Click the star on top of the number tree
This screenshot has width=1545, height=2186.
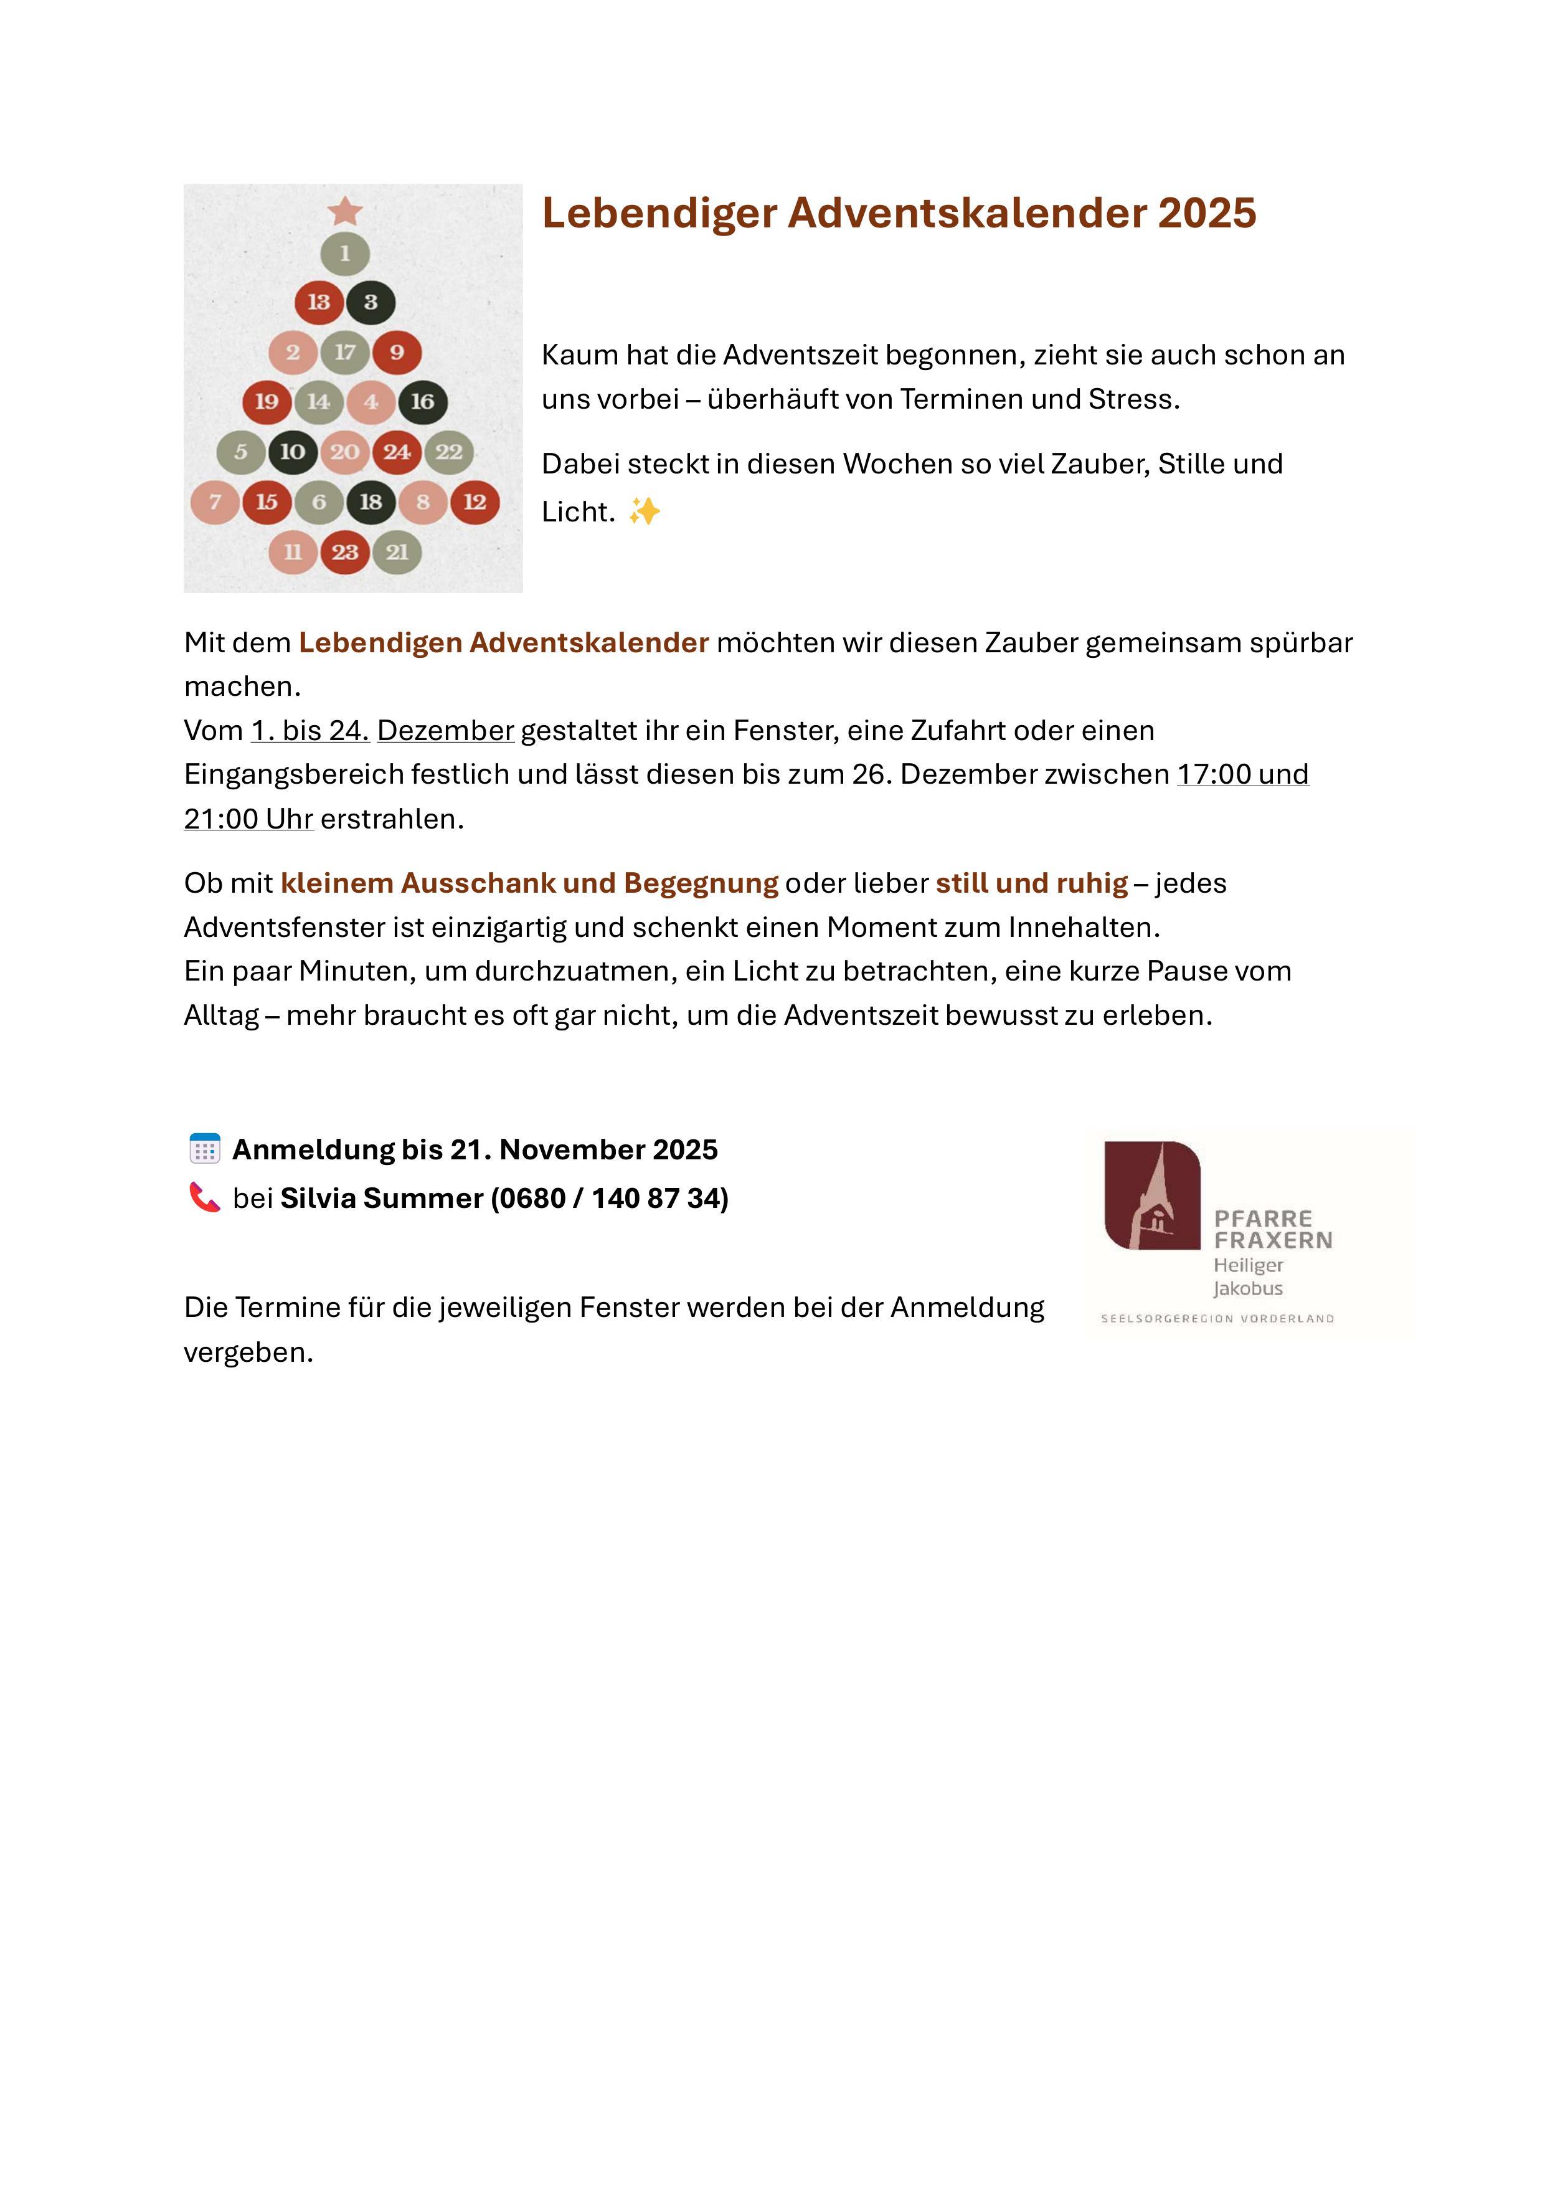344,211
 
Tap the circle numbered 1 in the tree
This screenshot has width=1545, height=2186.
344,254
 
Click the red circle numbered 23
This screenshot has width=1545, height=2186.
344,552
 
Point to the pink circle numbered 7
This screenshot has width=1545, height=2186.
215,501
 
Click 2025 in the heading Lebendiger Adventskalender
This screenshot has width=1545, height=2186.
1207,212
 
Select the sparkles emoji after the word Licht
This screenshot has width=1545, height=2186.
645,512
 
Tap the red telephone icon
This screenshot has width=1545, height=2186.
205,1197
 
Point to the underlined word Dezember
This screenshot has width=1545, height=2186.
445,730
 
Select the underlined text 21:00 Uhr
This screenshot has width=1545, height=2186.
248,819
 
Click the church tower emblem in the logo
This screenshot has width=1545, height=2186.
1152,1196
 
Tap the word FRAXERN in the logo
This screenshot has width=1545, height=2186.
1273,1240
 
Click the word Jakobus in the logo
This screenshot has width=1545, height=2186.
1247,1289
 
